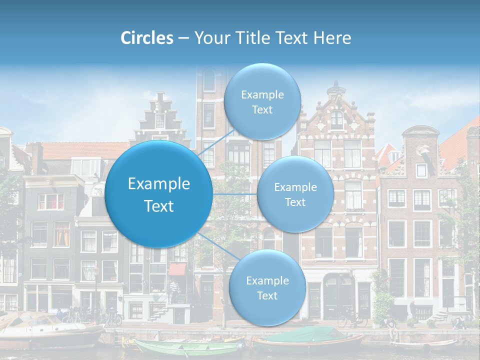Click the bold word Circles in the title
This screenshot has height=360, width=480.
coord(146,38)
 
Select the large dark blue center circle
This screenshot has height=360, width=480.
coord(159,194)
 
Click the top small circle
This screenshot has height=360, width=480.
coord(262,101)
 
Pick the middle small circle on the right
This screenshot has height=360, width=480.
coord(295,194)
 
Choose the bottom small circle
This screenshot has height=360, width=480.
coord(267,287)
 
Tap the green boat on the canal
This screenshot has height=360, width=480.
coord(185,347)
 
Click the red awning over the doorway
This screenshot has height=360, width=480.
coord(176,269)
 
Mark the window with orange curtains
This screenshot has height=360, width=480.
coord(62,233)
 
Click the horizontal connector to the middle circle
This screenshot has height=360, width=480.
coord(234,194)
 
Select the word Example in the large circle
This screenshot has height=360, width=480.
coord(159,184)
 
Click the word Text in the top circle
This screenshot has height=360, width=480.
coord(262,110)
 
